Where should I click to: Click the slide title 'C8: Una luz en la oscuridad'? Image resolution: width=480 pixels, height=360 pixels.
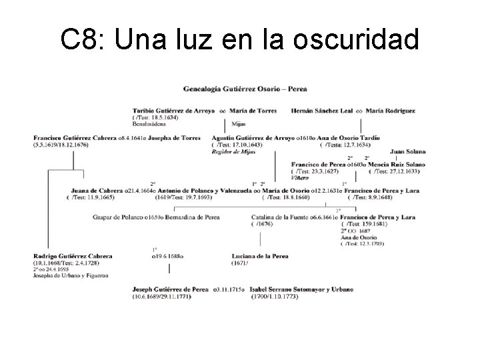click(x=240, y=40)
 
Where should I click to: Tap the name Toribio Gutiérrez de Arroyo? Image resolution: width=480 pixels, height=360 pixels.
click(x=174, y=111)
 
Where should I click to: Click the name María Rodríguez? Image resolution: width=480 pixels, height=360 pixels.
click(x=391, y=111)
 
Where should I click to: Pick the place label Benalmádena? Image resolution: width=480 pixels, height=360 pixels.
click(x=148, y=124)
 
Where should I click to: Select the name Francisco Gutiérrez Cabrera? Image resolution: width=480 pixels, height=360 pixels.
click(x=73, y=139)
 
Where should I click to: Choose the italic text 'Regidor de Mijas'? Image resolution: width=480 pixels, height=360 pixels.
click(x=233, y=153)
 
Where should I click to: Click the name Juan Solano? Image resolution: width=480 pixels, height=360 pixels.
click(x=407, y=151)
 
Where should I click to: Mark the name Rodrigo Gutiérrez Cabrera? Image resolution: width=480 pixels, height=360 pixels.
click(x=73, y=256)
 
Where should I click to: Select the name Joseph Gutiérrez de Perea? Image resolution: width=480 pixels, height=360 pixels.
click(x=171, y=289)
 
